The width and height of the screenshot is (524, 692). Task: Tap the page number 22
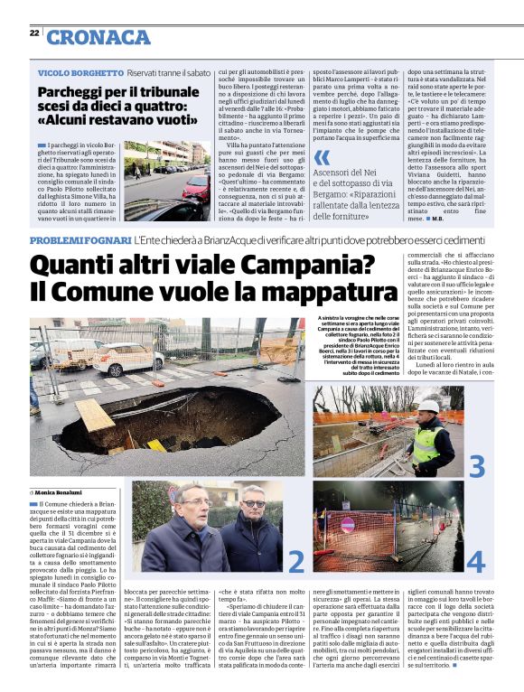[x=33, y=33]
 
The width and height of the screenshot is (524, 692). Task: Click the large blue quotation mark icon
[x=322, y=157]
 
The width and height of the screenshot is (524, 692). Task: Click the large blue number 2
[x=296, y=562]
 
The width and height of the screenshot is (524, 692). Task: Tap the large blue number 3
[x=477, y=467]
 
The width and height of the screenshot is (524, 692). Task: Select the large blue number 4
[x=476, y=561]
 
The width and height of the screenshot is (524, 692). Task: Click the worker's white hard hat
[x=431, y=407]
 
